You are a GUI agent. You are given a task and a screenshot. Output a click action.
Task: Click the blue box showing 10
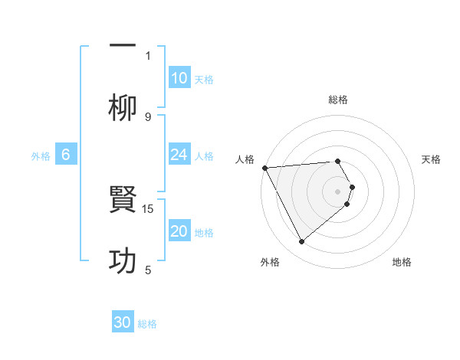coord(179,78)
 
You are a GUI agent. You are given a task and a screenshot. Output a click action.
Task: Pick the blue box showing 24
coord(179,155)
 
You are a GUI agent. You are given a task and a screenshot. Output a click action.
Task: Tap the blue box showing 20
coord(179,231)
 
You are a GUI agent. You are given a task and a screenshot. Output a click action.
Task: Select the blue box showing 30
coord(123,322)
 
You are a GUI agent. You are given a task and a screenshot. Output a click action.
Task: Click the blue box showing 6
coord(66,155)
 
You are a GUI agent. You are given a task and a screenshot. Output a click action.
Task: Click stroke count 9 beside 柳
coord(148,116)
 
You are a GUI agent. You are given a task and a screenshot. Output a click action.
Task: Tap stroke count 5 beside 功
coord(148,270)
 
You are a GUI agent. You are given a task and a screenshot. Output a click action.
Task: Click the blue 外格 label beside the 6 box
coord(41,155)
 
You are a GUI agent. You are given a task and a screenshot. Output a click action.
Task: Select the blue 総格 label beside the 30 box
coord(147,323)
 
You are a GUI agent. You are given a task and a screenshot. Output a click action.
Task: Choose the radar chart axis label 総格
coord(338,100)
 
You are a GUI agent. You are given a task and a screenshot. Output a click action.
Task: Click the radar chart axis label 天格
coord(432,159)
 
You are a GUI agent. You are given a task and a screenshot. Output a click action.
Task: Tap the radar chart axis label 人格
coord(245,159)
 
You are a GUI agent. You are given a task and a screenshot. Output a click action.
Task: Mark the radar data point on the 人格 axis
coord(264,168)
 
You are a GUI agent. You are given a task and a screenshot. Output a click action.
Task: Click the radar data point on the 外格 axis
coord(301,242)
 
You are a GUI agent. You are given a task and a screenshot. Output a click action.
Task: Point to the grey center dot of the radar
coord(338,191)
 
